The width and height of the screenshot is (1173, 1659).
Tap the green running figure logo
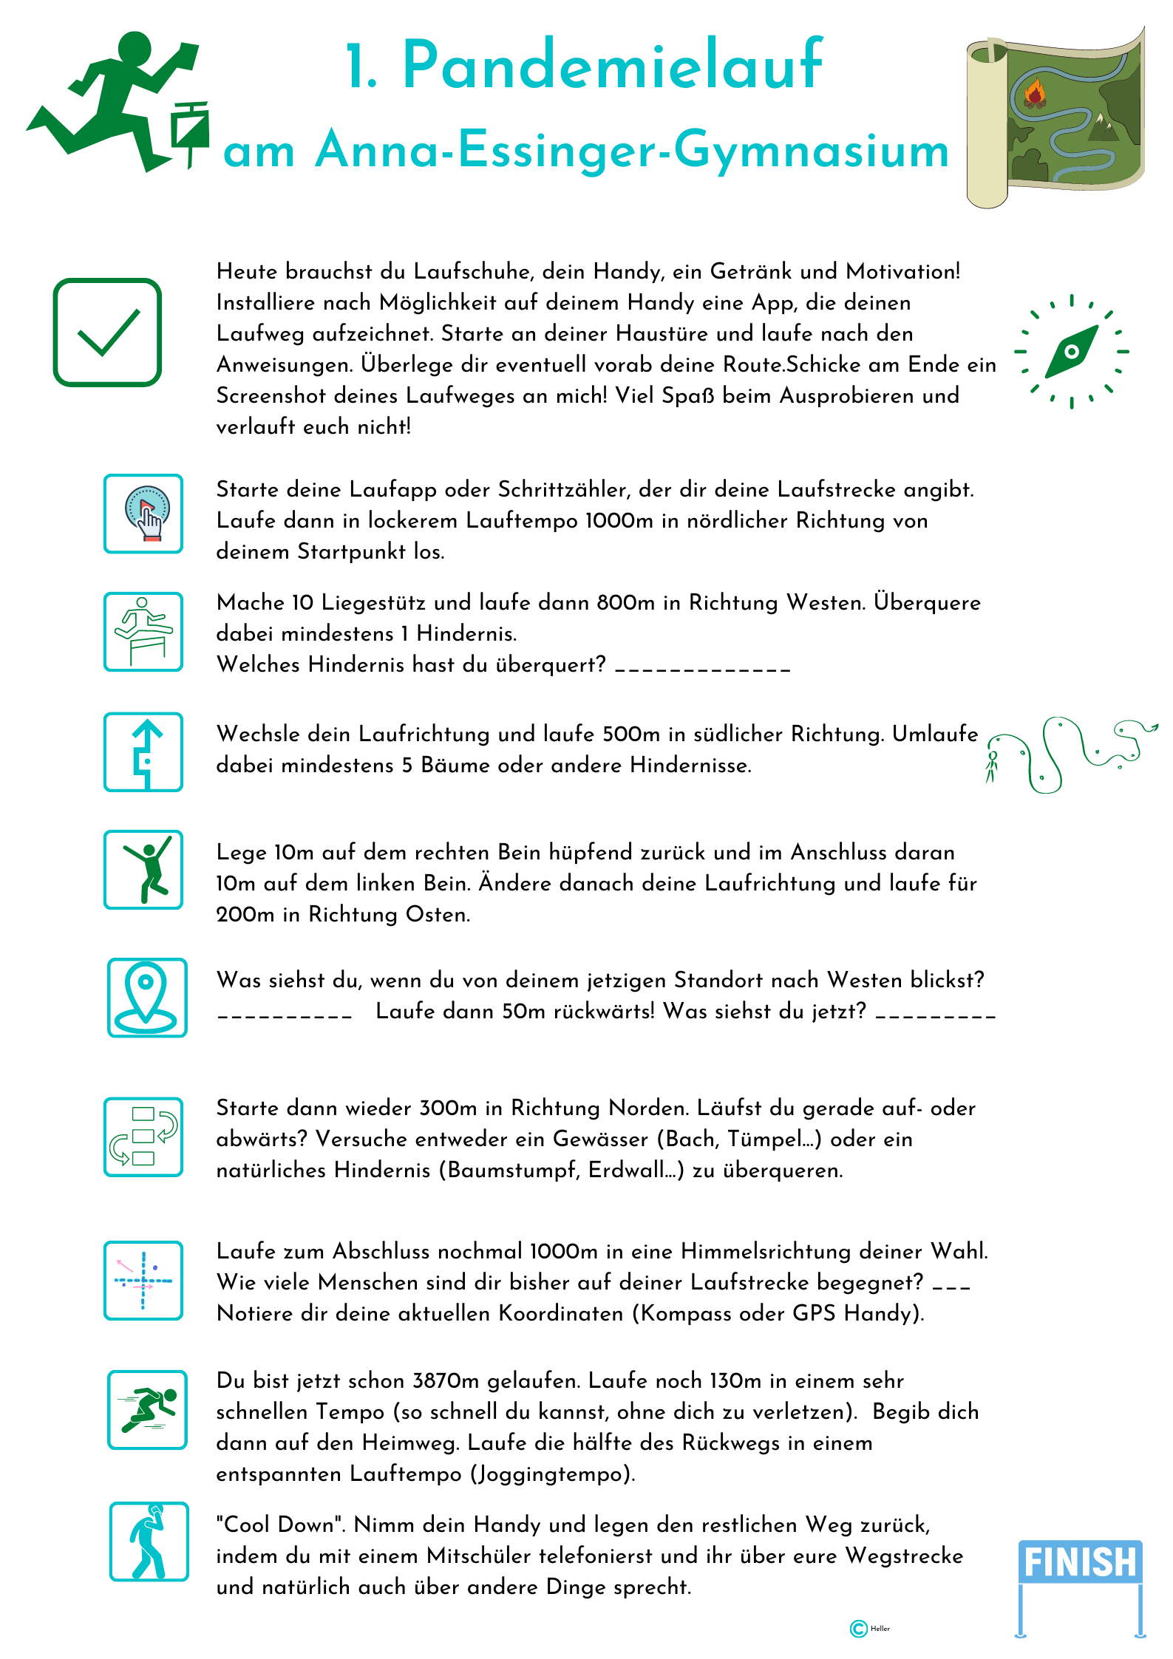[x=118, y=100]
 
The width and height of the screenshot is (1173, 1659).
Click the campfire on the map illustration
[x=1034, y=94]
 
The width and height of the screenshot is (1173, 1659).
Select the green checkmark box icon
[x=107, y=333]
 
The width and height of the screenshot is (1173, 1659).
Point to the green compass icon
[x=1071, y=352]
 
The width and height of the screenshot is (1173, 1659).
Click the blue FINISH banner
[x=1080, y=1562]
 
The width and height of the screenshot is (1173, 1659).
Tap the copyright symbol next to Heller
[x=858, y=1629]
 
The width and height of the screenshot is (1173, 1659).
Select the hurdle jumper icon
[x=143, y=632]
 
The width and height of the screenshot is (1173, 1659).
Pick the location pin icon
[x=146, y=997]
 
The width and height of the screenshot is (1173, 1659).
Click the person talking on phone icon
[x=149, y=1542]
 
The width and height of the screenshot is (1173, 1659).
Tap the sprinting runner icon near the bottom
[x=147, y=1409]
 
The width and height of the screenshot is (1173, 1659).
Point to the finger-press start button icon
[x=143, y=514]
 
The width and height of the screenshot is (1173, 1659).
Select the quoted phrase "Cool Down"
[x=281, y=1525]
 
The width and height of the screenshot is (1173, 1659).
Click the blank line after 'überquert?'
[x=702, y=667]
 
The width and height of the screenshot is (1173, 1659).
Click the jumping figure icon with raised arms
[x=143, y=869]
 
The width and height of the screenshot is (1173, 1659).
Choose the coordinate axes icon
[x=143, y=1281]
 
